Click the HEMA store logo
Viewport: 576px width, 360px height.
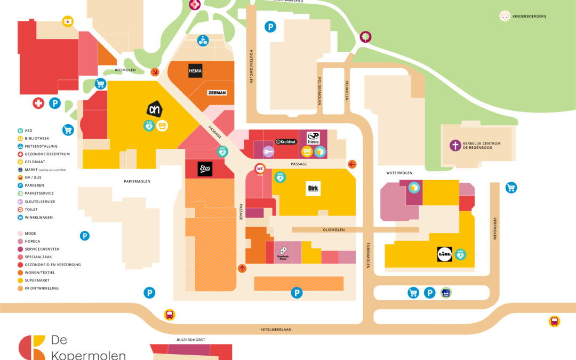195,71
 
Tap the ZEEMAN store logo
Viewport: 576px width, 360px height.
217,92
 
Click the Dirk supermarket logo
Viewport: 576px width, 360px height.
313,189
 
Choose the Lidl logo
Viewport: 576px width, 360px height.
445,254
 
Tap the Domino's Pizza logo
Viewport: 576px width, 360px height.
282,252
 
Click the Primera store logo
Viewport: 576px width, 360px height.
313,137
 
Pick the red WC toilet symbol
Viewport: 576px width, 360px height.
260,169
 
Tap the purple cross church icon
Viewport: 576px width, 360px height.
455,145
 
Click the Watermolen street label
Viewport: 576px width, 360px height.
399,173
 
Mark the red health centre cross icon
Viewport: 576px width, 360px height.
38,103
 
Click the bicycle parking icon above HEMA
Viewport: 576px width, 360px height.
203,40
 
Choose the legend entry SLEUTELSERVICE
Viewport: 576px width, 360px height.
40,202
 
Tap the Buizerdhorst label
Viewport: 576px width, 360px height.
191,339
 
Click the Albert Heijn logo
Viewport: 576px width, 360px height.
154,109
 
